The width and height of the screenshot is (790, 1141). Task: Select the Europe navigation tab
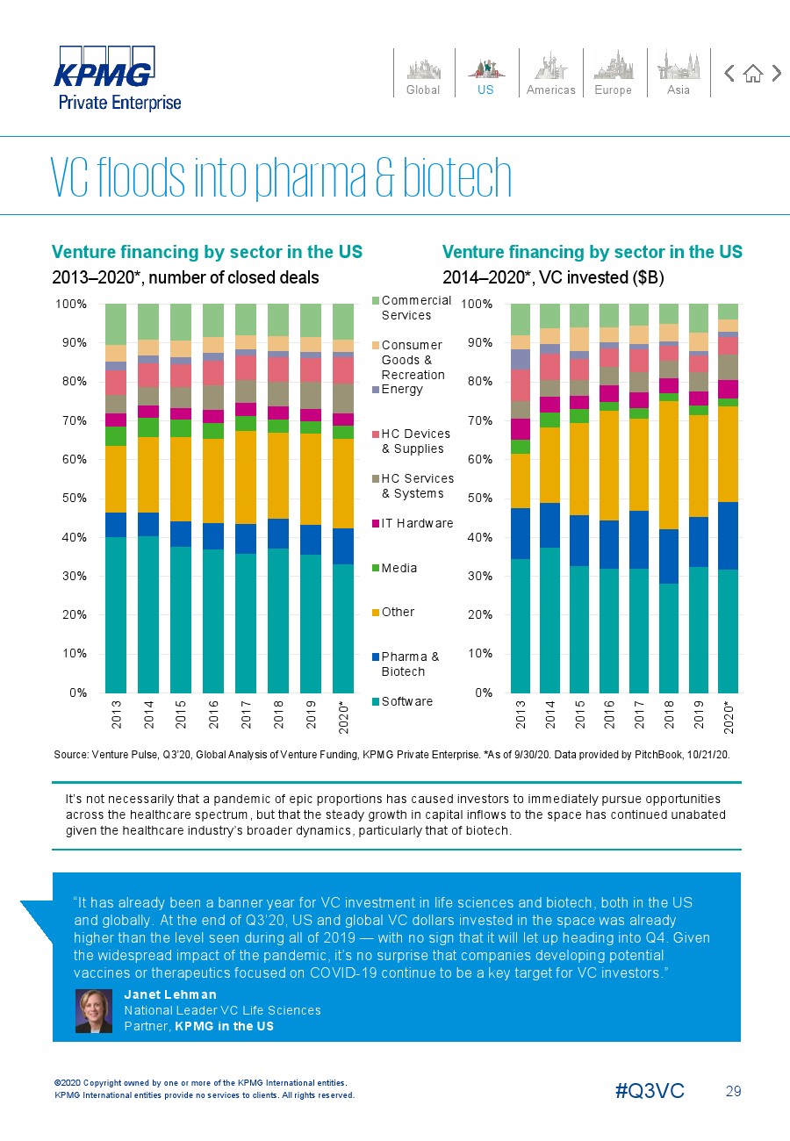click(x=614, y=74)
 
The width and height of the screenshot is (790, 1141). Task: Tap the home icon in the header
click(x=753, y=74)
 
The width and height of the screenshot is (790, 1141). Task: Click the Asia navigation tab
click(x=679, y=74)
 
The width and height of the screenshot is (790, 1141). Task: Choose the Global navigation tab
click(x=423, y=74)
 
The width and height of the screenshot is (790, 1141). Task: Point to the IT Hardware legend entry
click(x=413, y=523)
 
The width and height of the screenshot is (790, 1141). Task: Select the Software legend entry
click(x=402, y=701)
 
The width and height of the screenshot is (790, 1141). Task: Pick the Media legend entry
click(x=395, y=568)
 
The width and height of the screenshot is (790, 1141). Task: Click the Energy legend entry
click(x=398, y=389)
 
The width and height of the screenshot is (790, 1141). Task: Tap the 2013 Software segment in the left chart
click(x=116, y=614)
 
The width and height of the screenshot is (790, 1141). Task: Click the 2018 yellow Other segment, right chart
click(x=669, y=465)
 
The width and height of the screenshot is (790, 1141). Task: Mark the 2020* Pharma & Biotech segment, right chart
click(x=728, y=536)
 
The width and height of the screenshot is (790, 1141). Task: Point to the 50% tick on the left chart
click(x=75, y=499)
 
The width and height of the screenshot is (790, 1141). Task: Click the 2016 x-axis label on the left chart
click(x=213, y=714)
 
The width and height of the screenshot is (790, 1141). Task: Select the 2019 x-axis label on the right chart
click(x=699, y=714)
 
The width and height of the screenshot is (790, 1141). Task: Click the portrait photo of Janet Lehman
click(x=94, y=1011)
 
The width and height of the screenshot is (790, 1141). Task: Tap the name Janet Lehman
click(x=170, y=994)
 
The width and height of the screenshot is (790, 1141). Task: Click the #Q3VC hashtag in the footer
click(x=650, y=1091)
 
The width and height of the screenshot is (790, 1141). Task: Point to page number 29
click(x=734, y=1091)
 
